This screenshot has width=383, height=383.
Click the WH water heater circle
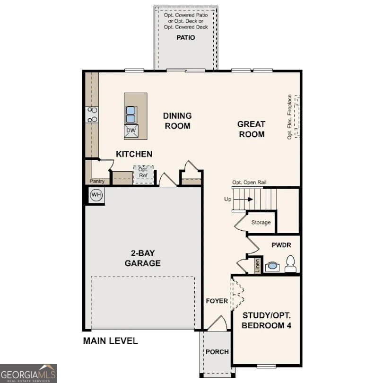(96, 195)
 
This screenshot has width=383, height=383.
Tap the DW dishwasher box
(131, 131)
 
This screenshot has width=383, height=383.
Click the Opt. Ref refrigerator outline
(143, 174)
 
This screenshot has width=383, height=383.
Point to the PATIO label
(185, 37)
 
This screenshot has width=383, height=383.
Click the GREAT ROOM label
(251, 129)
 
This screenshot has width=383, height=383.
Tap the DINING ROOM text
(177, 121)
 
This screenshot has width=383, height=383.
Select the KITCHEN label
(134, 154)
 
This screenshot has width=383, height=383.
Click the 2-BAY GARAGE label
(142, 259)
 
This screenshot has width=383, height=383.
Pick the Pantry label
(97, 181)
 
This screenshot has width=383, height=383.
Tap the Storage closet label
(261, 222)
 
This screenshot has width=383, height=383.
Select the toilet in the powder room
(291, 263)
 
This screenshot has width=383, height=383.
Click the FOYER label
(217, 301)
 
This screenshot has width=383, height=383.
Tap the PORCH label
(217, 352)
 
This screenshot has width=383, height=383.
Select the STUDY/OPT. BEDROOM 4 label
(267, 321)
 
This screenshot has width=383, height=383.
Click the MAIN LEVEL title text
(111, 340)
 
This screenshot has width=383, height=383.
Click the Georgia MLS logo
(28, 373)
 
